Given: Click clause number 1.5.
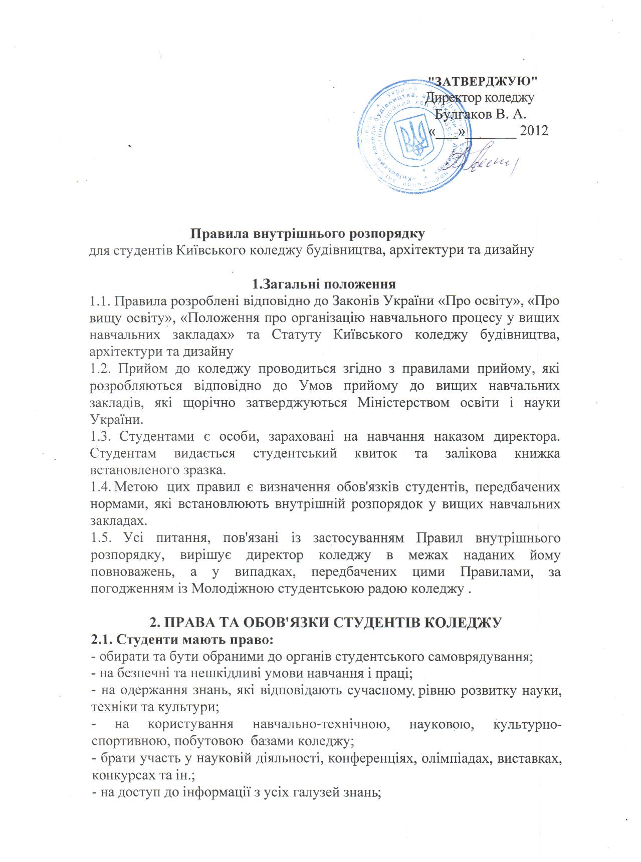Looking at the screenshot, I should [101, 538].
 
